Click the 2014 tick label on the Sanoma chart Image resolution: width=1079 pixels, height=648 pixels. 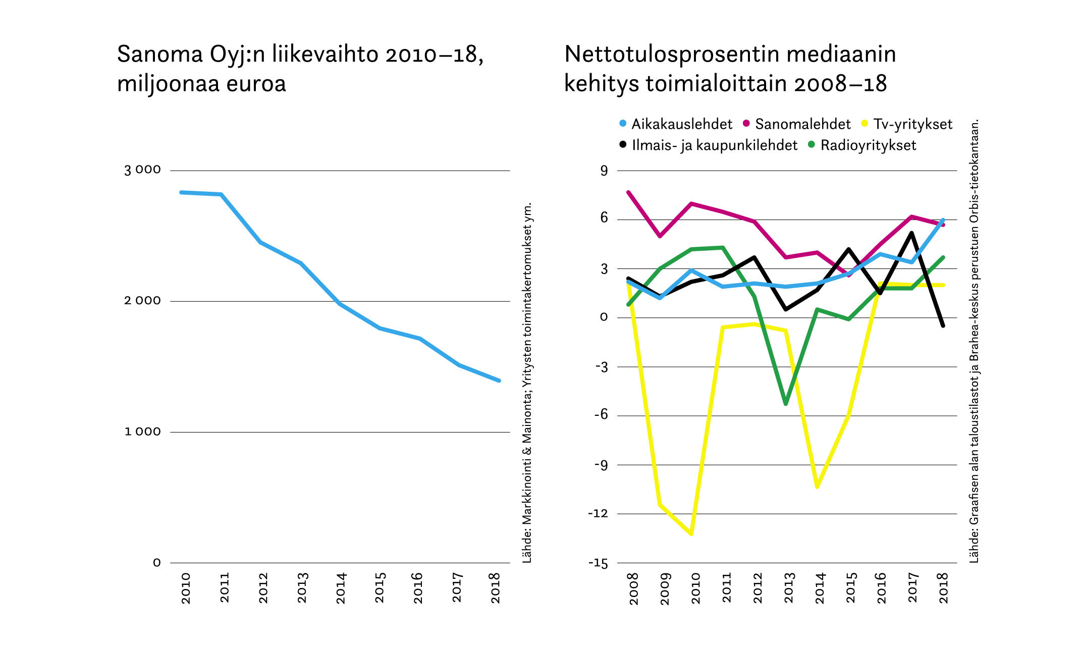click(x=341, y=588)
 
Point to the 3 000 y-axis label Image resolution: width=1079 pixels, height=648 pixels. click(x=142, y=170)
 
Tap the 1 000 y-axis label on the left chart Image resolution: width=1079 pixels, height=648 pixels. click(x=142, y=432)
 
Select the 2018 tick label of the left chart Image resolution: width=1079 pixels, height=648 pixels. click(x=496, y=588)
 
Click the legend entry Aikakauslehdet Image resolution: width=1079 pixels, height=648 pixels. click(x=676, y=124)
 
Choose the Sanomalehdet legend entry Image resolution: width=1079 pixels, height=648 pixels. click(x=797, y=124)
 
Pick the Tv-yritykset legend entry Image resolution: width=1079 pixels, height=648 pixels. click(x=907, y=124)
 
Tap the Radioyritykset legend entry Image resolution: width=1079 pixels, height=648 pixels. click(x=862, y=145)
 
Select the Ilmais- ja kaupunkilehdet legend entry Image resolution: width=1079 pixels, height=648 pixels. click(x=709, y=145)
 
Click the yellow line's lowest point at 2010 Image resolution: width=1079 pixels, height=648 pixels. click(x=691, y=533)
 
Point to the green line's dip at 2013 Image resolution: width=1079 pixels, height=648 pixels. click(x=786, y=404)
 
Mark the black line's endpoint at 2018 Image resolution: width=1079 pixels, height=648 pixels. click(x=943, y=326)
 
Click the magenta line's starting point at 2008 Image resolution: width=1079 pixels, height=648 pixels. click(x=628, y=192)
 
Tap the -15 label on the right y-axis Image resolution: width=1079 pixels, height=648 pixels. click(x=598, y=564)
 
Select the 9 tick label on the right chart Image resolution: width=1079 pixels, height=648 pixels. click(x=604, y=171)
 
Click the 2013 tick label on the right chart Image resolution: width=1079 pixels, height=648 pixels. click(x=789, y=588)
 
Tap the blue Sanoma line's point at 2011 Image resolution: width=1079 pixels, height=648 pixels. click(x=222, y=194)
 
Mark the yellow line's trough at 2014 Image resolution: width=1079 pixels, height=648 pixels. click(x=817, y=487)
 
